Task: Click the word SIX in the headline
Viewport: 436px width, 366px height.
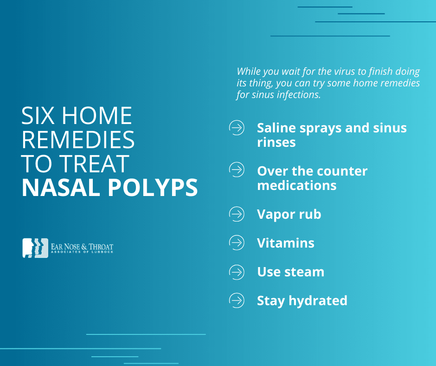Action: pyautogui.click(x=38, y=116)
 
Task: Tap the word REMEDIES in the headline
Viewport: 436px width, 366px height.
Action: pyautogui.click(x=78, y=139)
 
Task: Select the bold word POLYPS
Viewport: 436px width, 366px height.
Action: pyautogui.click(x=153, y=188)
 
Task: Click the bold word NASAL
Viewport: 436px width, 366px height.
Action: pyautogui.click(x=61, y=188)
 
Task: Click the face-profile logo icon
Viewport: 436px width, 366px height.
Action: pyautogui.click(x=35, y=248)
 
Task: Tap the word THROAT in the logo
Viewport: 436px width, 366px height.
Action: pyautogui.click(x=101, y=247)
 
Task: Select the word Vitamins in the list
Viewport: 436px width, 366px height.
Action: pyautogui.click(x=286, y=243)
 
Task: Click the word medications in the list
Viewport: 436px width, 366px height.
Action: pyautogui.click(x=297, y=185)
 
